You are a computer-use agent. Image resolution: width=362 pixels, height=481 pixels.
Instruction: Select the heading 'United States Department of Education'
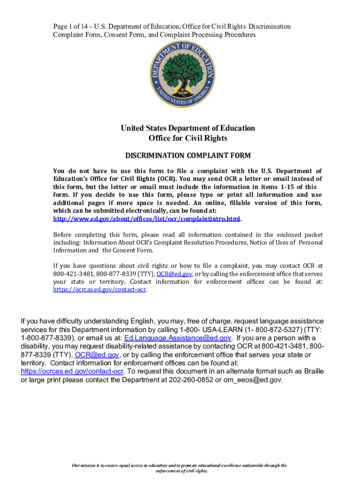click(188, 128)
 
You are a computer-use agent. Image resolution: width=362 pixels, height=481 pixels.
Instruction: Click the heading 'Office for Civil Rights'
click(188, 138)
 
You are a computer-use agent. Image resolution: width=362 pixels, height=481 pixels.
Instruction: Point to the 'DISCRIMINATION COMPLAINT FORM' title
click(187, 155)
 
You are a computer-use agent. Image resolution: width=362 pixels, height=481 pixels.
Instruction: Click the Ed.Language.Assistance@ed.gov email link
click(178, 338)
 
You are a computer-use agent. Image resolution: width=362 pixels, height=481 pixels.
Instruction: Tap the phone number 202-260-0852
click(190, 380)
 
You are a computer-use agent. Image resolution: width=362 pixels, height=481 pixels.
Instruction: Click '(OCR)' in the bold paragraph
click(166, 179)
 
